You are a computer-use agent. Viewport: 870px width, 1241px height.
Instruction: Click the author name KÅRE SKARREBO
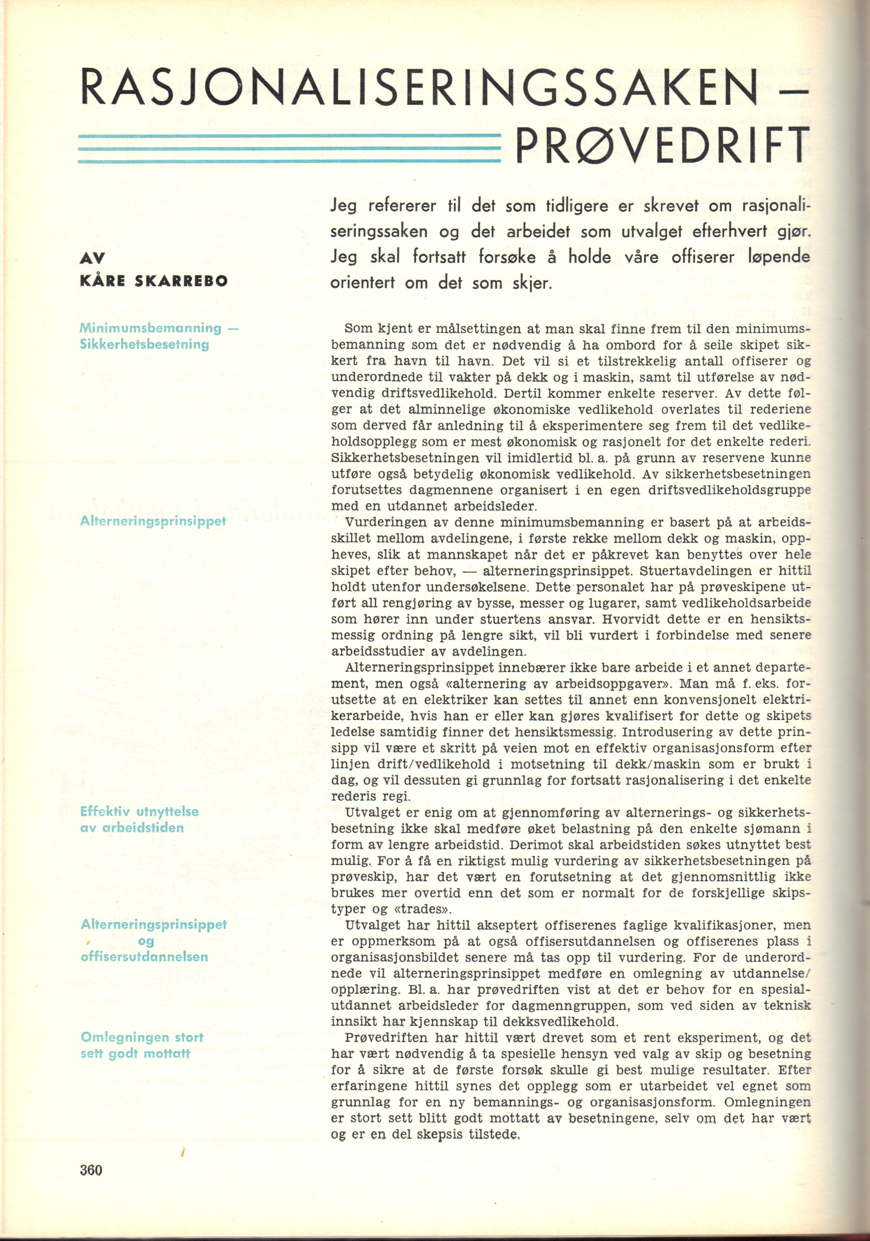pos(154,281)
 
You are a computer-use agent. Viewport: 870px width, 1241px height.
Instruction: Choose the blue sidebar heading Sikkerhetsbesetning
pos(144,344)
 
